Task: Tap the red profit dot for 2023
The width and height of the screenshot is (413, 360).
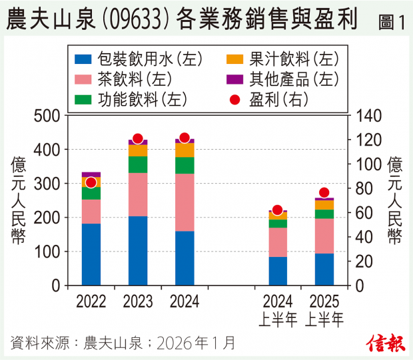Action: coord(138,139)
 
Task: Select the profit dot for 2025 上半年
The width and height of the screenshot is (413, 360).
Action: coord(324,193)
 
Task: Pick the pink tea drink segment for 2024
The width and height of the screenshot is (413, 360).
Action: coord(185,202)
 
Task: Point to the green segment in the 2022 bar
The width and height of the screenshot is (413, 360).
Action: coord(91,193)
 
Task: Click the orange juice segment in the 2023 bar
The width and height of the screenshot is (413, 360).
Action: coord(138,150)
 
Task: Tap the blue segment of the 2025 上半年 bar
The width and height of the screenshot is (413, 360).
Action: coord(324,269)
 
